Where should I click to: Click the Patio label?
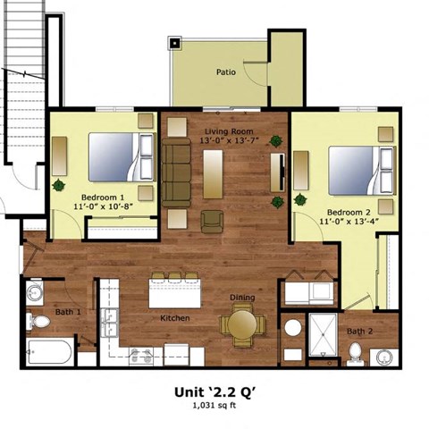pyautogui.click(x=225, y=72)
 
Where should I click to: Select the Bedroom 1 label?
pyautogui.click(x=103, y=197)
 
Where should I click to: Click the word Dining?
pyautogui.click(x=242, y=298)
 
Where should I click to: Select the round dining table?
pyautogui.click(x=242, y=326)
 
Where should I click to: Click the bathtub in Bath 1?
pyautogui.click(x=50, y=351)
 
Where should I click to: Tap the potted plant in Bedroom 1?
pyautogui.click(x=60, y=185)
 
